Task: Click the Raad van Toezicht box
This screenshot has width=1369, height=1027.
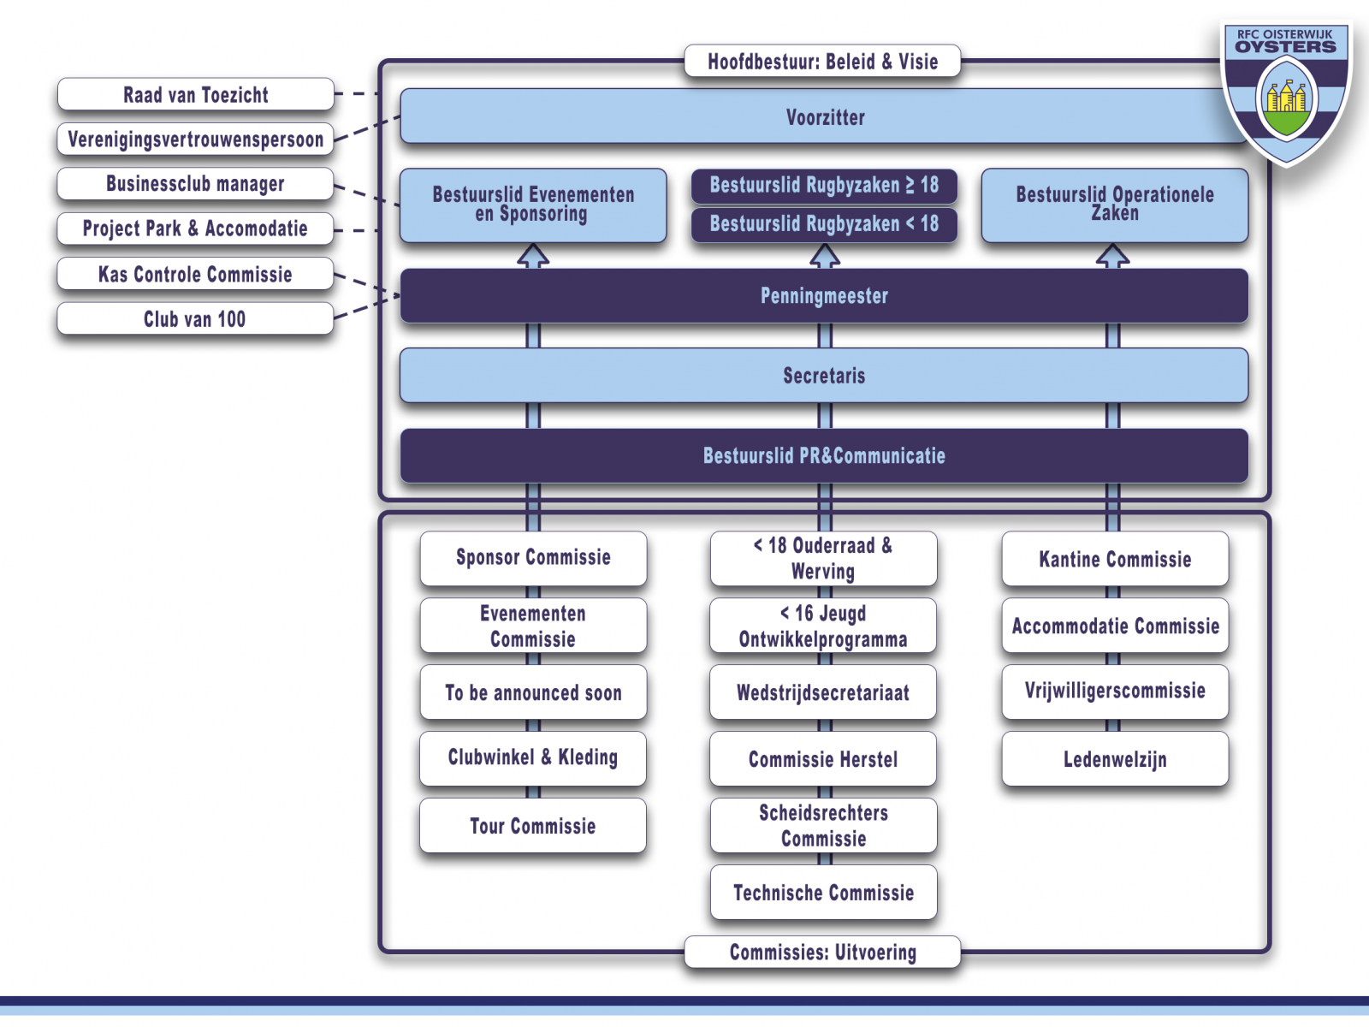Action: [x=195, y=94]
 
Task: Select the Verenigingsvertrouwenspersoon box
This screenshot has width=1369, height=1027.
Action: [x=195, y=140]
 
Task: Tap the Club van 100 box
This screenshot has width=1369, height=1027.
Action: [x=195, y=319]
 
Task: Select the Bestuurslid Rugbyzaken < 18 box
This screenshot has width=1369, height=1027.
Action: [x=823, y=224]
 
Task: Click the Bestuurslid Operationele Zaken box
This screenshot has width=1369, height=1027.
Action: [x=1114, y=205]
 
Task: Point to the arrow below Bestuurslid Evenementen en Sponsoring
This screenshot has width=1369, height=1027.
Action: [x=533, y=255]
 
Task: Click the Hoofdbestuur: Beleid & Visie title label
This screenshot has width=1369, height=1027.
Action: [x=822, y=62]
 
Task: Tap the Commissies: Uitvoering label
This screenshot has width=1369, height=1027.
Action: [x=822, y=953]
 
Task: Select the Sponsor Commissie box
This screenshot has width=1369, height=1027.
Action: [x=533, y=558]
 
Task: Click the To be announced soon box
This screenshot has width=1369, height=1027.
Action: [x=533, y=693]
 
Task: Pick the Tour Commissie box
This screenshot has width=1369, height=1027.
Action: [x=533, y=826]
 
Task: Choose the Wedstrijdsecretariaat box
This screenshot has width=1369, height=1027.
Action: [x=823, y=693]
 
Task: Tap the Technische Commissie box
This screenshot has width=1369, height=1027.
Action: [x=823, y=893]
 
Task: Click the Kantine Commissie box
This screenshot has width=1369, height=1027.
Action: [x=1115, y=560]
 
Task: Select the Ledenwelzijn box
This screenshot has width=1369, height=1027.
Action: [x=1115, y=759]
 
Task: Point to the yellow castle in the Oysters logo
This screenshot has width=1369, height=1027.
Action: [x=1285, y=96]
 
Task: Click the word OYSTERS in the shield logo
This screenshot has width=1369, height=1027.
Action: [x=1285, y=47]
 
